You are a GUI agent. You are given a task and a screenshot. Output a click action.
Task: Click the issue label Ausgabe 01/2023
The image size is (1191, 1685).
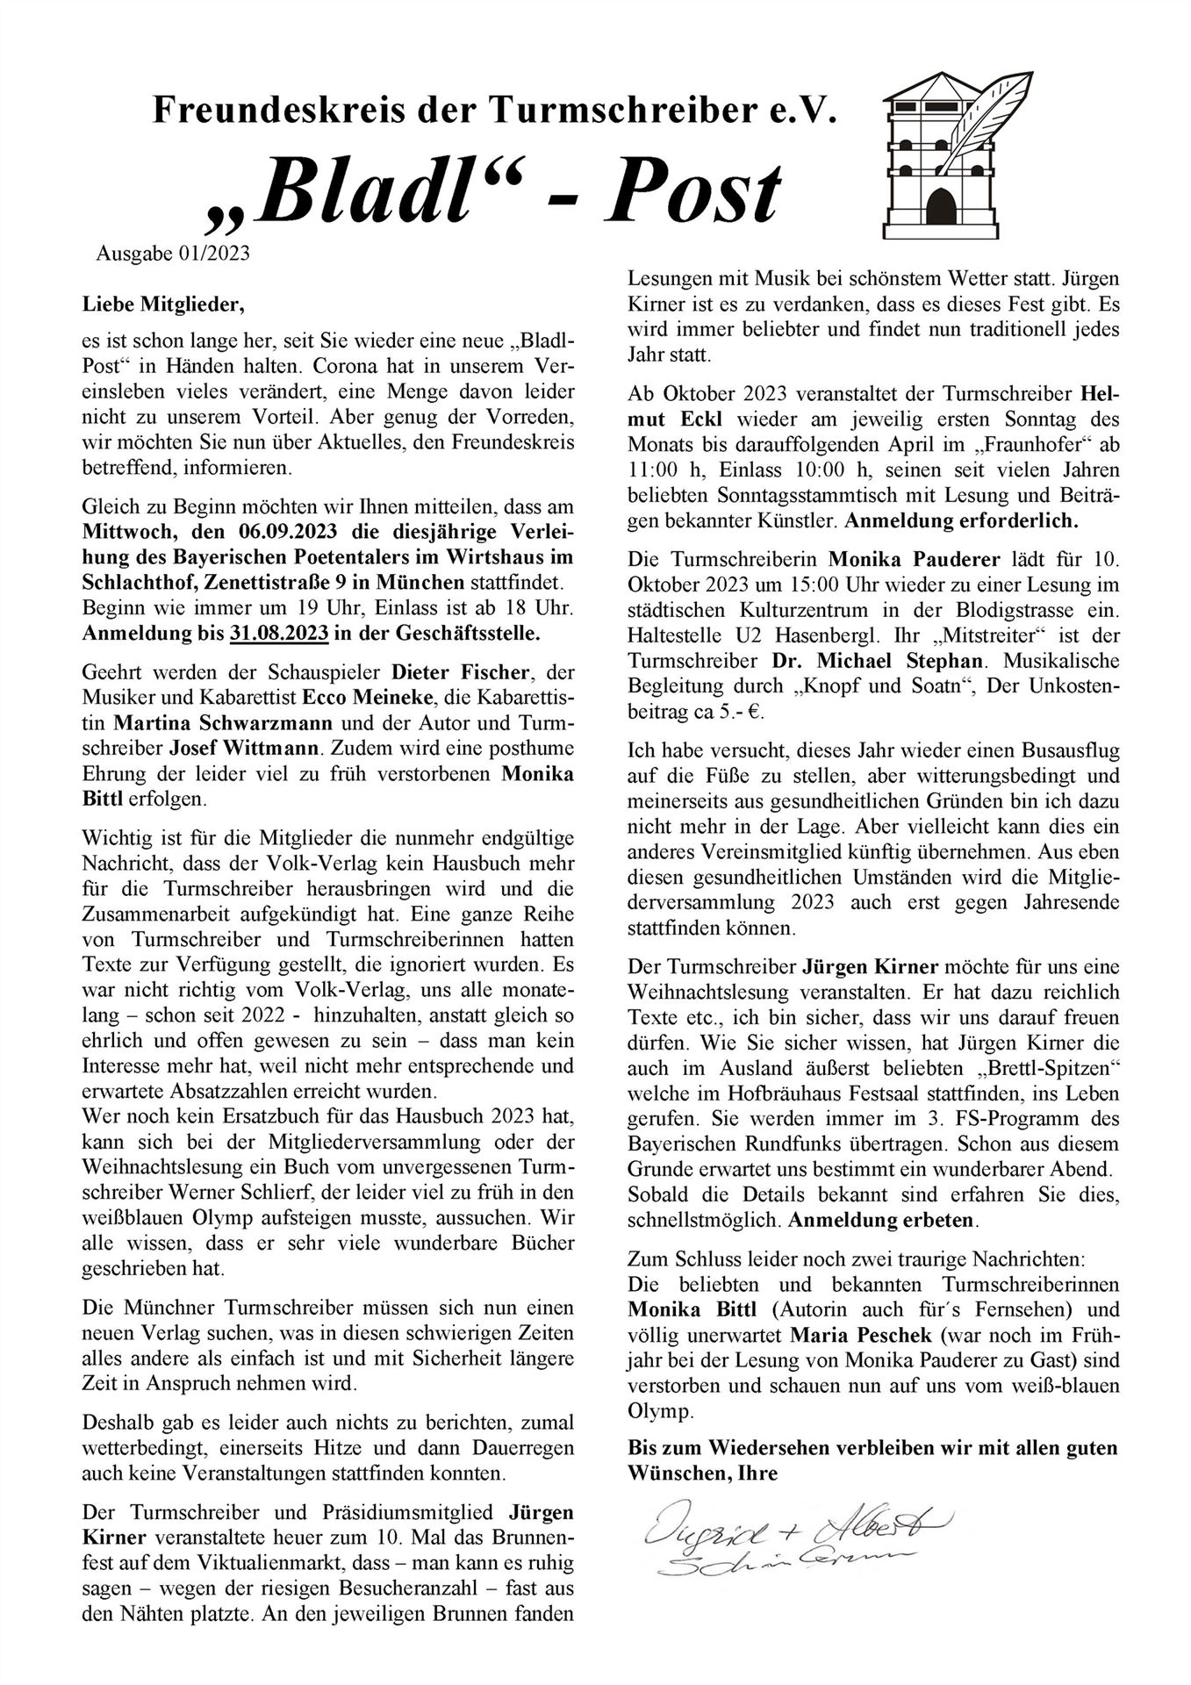(173, 255)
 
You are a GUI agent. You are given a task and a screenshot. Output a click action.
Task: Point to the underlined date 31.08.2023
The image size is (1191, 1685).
(279, 631)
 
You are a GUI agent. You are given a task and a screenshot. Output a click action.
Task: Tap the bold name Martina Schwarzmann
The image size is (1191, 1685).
(223, 724)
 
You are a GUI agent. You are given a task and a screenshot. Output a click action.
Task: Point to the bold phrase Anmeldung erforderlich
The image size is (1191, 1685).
(961, 520)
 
